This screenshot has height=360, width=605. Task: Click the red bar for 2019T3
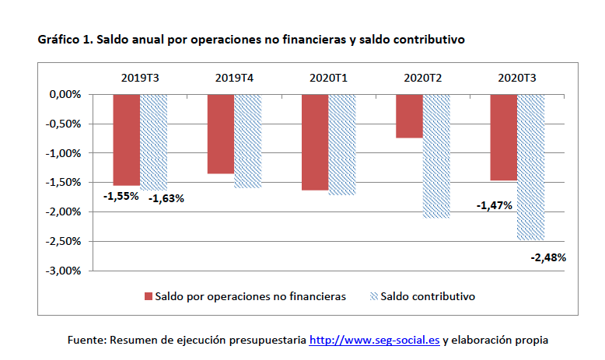pos(126,139)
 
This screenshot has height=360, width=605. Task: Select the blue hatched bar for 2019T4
pos(247,141)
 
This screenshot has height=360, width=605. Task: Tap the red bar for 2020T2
pos(409,116)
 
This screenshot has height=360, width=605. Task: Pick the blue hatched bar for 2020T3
pos(530,167)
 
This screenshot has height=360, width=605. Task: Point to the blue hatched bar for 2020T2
pos(436,156)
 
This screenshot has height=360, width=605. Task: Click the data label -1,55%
pos(121,197)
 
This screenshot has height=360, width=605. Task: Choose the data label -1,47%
pos(494,205)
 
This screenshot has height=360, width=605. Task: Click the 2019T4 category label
pos(234,78)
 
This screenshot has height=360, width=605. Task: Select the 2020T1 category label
pos(328,78)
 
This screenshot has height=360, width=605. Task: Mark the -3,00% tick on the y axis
pos(65,271)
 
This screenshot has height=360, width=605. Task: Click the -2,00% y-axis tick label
pos(65,211)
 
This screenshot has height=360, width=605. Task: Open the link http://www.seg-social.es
pos(375,340)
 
